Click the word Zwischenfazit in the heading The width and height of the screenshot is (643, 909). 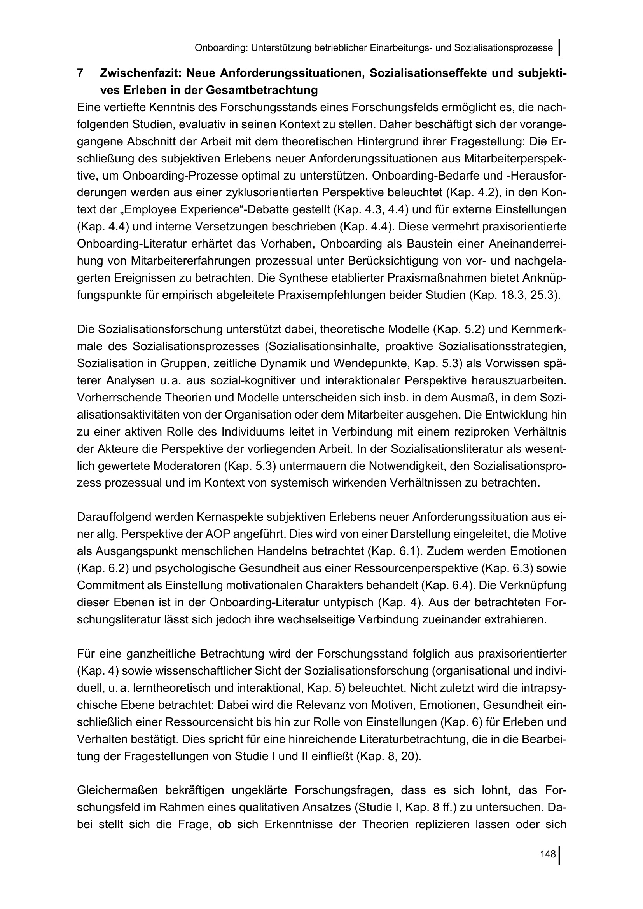[140, 73]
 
